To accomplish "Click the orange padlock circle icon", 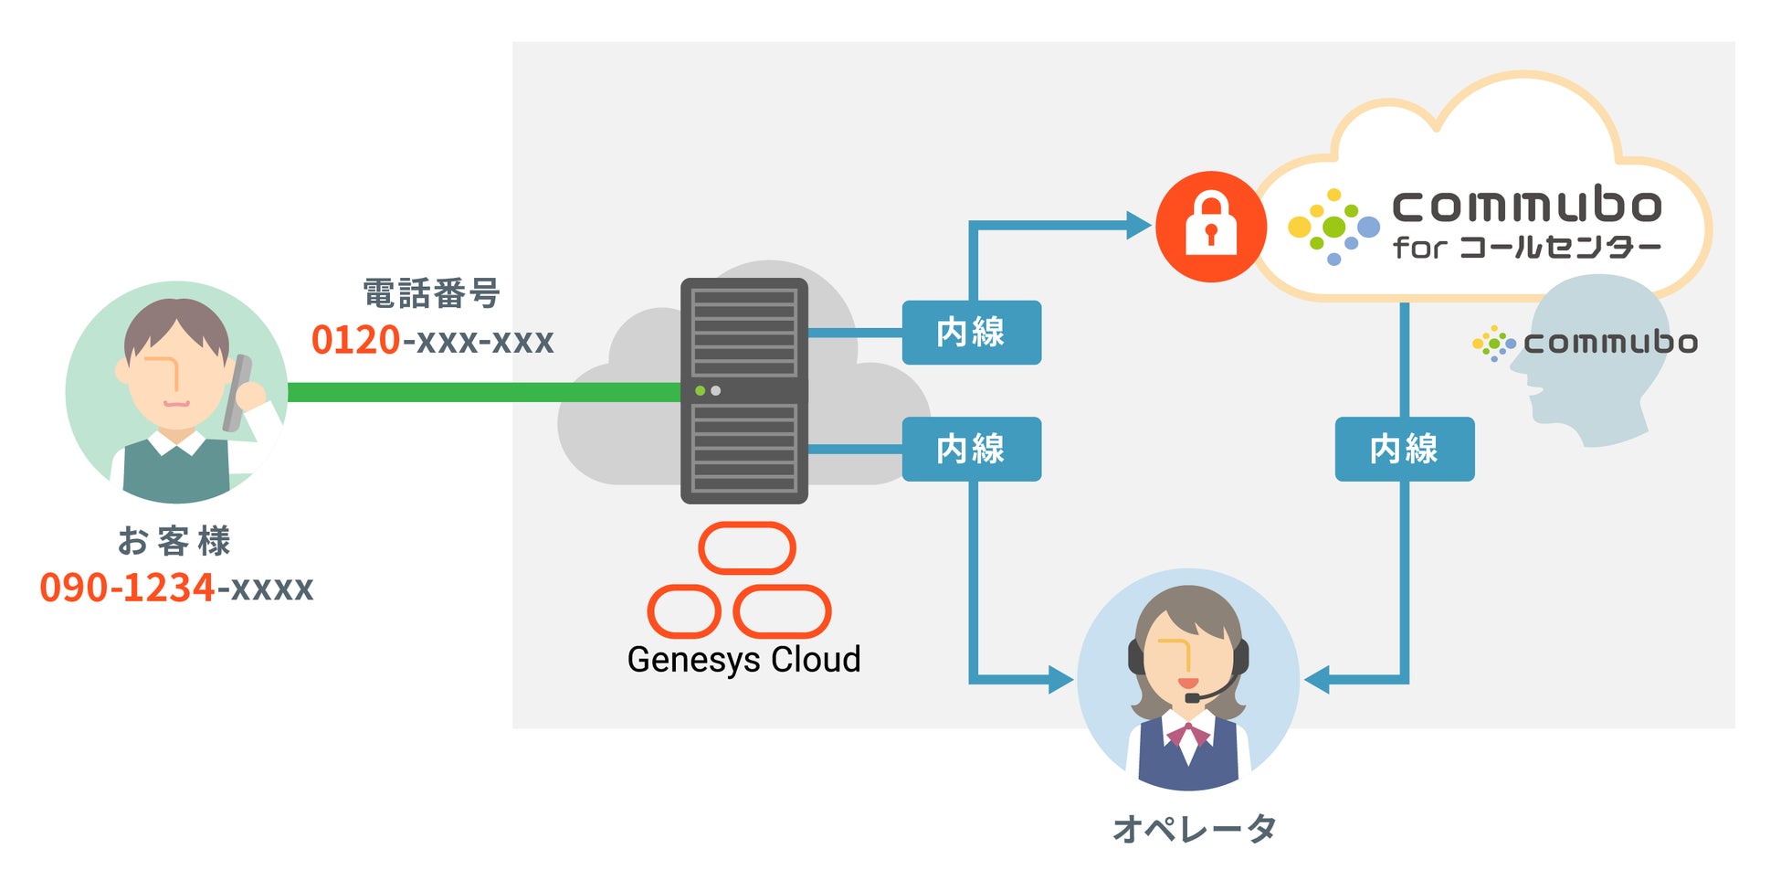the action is click(1211, 226).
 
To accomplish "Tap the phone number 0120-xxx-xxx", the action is click(433, 340).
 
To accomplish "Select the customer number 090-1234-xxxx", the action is click(176, 588).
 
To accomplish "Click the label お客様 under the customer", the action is click(174, 541).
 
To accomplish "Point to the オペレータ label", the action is click(1194, 829).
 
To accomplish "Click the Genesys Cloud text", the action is click(743, 660).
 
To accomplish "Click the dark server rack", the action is click(744, 391).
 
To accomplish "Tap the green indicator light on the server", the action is click(700, 391).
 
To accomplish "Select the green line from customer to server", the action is click(484, 392).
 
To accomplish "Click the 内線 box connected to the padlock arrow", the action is click(972, 333).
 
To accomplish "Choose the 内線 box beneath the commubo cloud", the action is click(1405, 450).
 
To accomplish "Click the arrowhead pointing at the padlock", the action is click(1139, 225).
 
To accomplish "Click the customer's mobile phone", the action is click(237, 392).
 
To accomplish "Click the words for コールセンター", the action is click(1526, 248).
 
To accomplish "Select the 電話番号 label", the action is click(432, 294).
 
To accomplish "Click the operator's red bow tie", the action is click(1187, 734).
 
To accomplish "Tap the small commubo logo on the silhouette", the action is click(1586, 343).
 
